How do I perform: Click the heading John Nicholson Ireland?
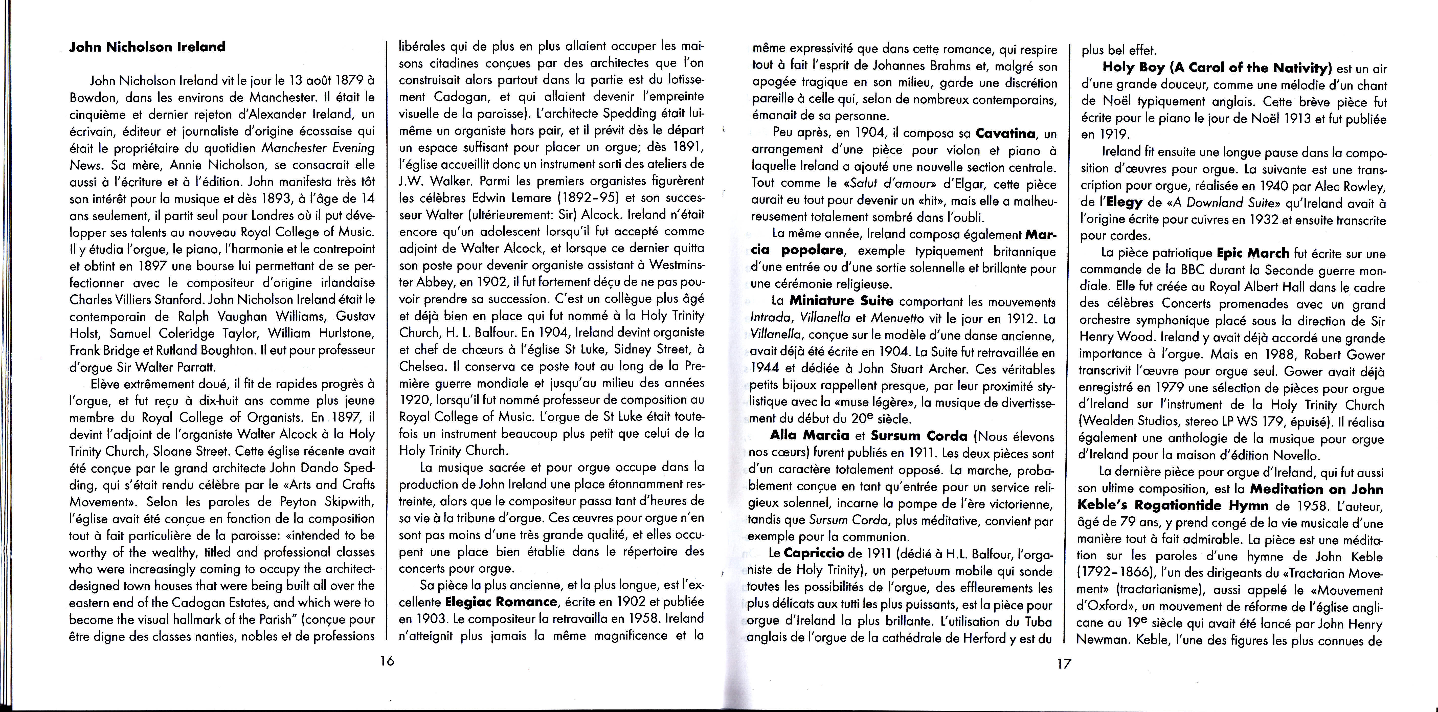147,47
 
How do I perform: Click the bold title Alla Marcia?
810,436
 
